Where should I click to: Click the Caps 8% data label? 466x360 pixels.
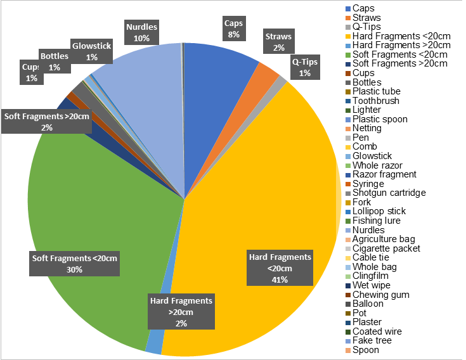click(x=233, y=29)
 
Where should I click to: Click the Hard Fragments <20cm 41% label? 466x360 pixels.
click(x=280, y=267)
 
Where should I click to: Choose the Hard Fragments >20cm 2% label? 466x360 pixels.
click(x=181, y=311)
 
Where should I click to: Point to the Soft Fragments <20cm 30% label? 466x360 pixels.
click(x=75, y=264)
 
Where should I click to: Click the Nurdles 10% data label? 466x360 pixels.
click(x=141, y=33)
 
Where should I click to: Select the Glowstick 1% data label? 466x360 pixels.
click(x=92, y=52)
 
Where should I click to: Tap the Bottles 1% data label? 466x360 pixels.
click(x=54, y=61)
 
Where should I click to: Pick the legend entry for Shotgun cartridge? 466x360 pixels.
click(x=389, y=193)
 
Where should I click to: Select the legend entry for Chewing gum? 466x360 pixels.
click(x=380, y=294)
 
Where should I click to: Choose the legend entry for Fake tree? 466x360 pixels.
click(x=372, y=340)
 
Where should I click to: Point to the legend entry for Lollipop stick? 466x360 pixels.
click(x=379, y=211)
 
